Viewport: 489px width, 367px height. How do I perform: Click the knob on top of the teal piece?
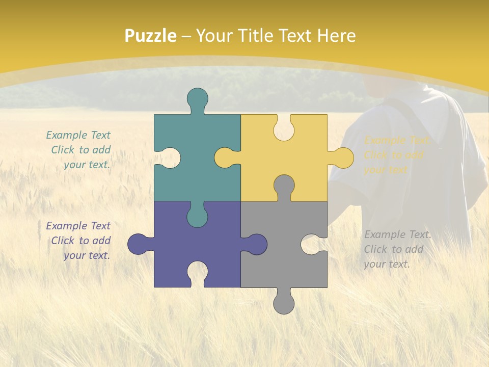198,99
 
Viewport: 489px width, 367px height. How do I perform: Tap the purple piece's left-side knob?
139,244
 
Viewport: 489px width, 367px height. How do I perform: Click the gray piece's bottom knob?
284,302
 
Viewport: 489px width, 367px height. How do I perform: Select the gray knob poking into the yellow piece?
284,187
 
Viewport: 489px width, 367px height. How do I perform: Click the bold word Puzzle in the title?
151,36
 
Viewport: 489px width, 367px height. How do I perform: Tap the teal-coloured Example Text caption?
79,150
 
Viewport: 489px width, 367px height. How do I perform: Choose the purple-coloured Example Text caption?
79,241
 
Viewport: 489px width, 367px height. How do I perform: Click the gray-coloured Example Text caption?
397,249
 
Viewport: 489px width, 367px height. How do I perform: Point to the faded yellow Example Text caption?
397,155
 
